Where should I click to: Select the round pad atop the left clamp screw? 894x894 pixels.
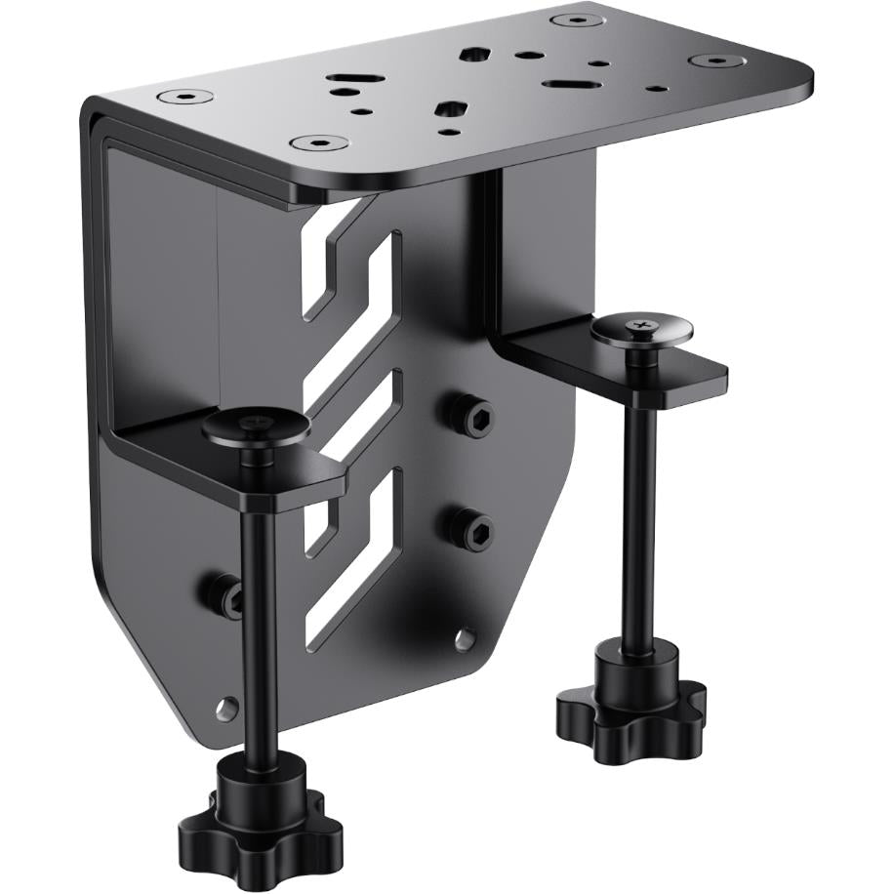[x=257, y=427]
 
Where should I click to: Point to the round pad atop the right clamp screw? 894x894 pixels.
[x=641, y=329]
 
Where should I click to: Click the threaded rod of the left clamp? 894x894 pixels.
[x=259, y=625]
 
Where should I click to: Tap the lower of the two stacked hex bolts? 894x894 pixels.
[x=470, y=529]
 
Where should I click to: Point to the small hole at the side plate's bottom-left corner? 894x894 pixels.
[x=227, y=706]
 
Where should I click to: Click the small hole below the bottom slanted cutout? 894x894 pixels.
[x=465, y=639]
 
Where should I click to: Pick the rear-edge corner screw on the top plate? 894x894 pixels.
[x=575, y=20]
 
